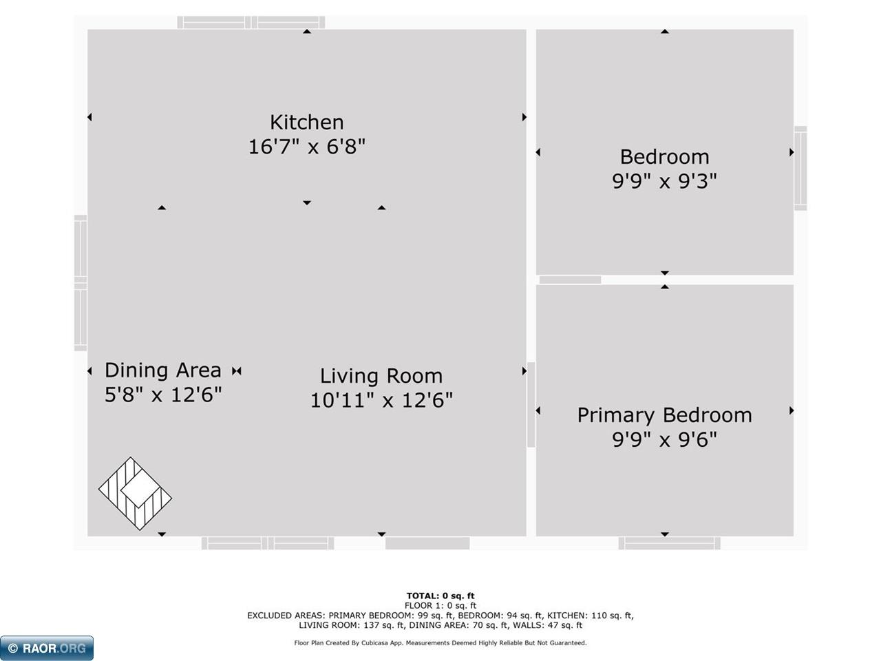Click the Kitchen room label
(307, 122)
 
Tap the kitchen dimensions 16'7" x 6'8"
(307, 146)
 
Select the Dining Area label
(163, 370)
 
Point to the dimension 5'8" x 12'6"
(163, 395)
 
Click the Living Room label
(381, 376)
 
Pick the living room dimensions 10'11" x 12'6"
(382, 400)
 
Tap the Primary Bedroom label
(665, 415)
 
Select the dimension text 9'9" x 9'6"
(665, 439)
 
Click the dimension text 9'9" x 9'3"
(665, 181)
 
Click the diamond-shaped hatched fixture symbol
(136, 494)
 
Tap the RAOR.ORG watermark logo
(47, 648)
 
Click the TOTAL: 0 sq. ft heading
(440, 596)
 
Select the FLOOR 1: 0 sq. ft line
(440, 606)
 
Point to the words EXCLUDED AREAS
(286, 616)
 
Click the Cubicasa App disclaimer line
(440, 643)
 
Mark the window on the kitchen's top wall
(251, 23)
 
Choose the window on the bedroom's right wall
(800, 168)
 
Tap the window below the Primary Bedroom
(670, 543)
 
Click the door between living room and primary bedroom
(531, 405)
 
